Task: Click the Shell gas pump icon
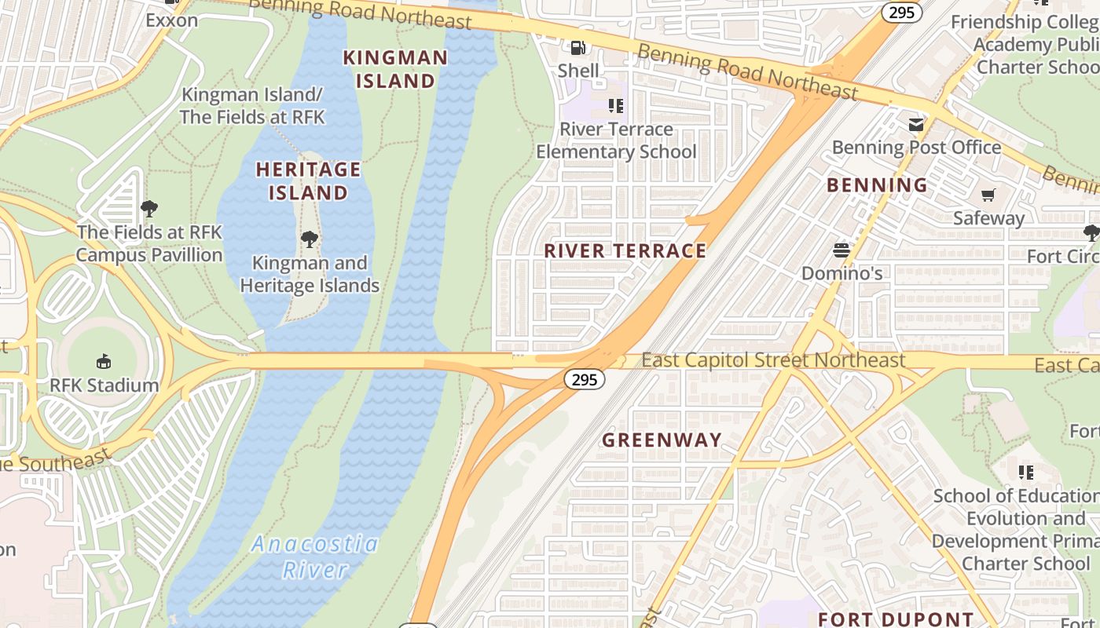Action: click(x=577, y=48)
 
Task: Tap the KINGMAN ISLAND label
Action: click(x=395, y=69)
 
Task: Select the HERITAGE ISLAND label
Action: click(x=308, y=181)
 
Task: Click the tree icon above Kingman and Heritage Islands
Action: click(x=310, y=239)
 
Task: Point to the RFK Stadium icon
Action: click(x=103, y=362)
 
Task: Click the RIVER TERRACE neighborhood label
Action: click(x=625, y=251)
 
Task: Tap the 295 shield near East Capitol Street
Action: click(x=585, y=380)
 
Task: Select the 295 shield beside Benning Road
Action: click(x=901, y=13)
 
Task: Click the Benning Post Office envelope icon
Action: click(x=916, y=125)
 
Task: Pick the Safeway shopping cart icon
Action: click(x=988, y=195)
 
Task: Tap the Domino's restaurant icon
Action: click(x=841, y=250)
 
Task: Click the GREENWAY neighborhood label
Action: click(x=662, y=440)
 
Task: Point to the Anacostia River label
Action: click(x=315, y=557)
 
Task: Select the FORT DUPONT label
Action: click(x=896, y=619)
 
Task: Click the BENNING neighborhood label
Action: click(x=877, y=185)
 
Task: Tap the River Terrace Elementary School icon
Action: click(x=616, y=105)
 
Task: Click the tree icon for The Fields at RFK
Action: click(x=149, y=209)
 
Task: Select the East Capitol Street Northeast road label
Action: click(x=773, y=360)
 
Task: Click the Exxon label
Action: click(x=171, y=20)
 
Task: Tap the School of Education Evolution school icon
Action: click(x=1026, y=473)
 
